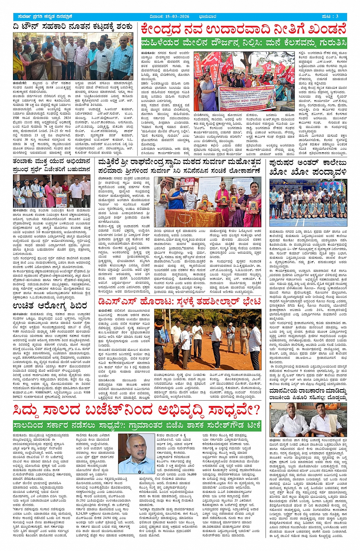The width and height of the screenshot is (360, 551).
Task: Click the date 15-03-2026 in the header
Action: [175, 16]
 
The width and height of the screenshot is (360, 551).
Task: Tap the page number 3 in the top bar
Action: [337, 16]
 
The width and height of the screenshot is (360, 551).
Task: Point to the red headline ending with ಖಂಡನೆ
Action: [243, 29]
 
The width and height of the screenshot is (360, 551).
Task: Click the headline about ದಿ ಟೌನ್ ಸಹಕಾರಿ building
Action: [73, 27]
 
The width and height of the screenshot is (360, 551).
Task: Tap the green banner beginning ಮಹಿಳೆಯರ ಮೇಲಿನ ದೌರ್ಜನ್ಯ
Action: [243, 42]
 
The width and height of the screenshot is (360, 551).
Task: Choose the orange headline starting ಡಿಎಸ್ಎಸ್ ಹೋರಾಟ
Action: [179, 302]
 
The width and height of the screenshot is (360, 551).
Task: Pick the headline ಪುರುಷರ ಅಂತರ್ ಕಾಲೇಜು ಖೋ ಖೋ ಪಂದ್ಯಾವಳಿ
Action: [308, 168]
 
